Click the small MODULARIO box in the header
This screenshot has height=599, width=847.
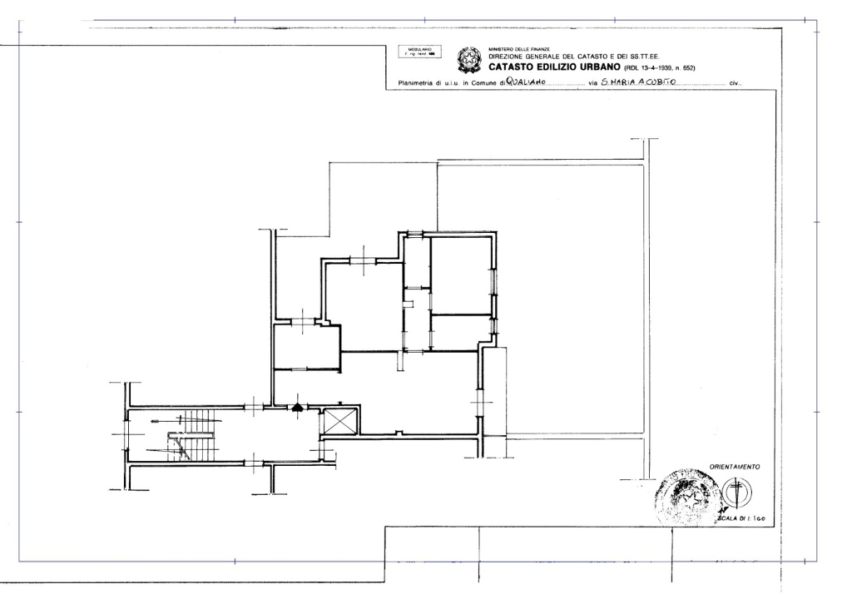coord(419,52)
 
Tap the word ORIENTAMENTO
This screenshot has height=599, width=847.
coord(734,467)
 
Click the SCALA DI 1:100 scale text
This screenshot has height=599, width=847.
coord(740,517)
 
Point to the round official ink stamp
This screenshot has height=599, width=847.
coord(687,497)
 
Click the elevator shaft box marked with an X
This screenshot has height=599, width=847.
coord(339,420)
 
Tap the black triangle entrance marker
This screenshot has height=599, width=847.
coord(297,407)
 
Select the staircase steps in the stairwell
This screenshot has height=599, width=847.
coord(198,434)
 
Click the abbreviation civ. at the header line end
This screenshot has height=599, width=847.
coord(735,84)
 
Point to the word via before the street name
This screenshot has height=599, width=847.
coord(593,84)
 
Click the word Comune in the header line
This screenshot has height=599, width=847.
coord(483,84)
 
